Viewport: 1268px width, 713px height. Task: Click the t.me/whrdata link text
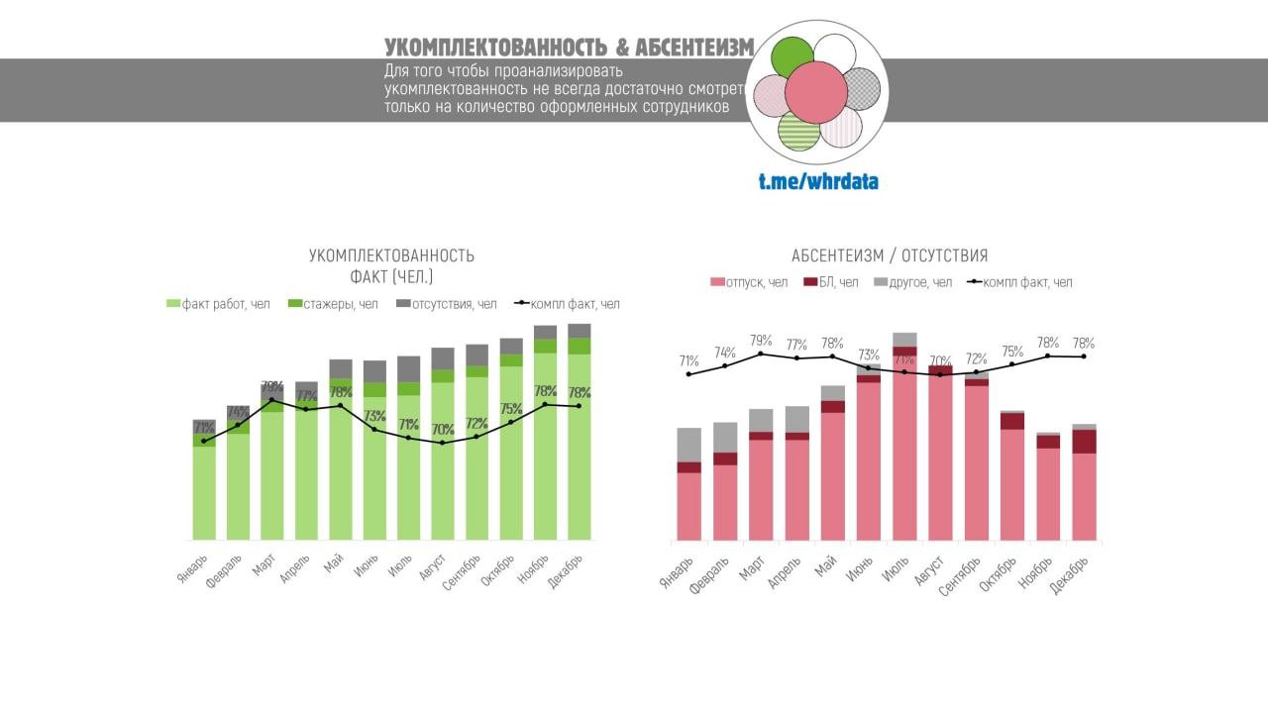pos(818,181)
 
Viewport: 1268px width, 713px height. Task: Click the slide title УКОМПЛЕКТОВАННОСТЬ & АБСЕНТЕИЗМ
pos(569,48)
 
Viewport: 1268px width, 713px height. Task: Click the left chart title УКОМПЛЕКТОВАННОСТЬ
pos(391,255)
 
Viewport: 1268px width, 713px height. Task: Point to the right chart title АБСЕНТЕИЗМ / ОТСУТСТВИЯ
pos(890,255)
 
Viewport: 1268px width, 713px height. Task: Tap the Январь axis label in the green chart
pos(194,566)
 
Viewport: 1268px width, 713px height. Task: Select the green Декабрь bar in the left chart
pos(580,446)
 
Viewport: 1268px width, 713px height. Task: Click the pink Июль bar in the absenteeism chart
pos(904,456)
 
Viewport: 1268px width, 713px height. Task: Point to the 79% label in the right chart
pos(761,340)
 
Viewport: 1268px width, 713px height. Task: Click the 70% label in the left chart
pos(443,429)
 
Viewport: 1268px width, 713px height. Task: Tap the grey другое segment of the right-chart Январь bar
pos(689,445)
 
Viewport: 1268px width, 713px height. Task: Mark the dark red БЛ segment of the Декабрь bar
pos(1084,442)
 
